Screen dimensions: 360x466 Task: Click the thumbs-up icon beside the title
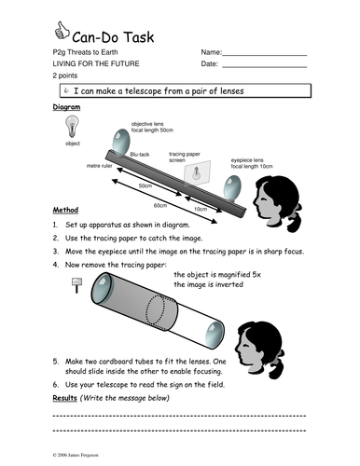click(62, 31)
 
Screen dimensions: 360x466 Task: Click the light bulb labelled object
click(72, 126)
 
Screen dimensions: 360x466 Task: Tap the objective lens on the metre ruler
click(120, 142)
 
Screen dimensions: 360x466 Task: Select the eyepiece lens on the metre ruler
click(232, 188)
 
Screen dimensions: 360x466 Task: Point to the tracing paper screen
click(197, 172)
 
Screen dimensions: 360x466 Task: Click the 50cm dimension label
click(145, 185)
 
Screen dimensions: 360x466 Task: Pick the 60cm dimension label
click(160, 205)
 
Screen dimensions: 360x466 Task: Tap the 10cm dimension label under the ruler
click(201, 209)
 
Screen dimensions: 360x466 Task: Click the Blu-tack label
click(140, 155)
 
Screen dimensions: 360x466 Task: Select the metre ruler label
click(99, 166)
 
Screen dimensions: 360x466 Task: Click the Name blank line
click(265, 55)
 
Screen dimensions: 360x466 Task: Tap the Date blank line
click(265, 67)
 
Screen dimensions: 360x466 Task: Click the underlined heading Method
click(65, 210)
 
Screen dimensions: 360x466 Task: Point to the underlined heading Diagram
click(66, 107)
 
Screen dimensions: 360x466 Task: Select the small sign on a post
click(76, 285)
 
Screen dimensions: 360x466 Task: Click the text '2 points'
click(65, 75)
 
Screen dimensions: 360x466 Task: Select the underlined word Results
click(64, 398)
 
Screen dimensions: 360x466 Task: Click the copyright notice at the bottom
click(76, 455)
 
